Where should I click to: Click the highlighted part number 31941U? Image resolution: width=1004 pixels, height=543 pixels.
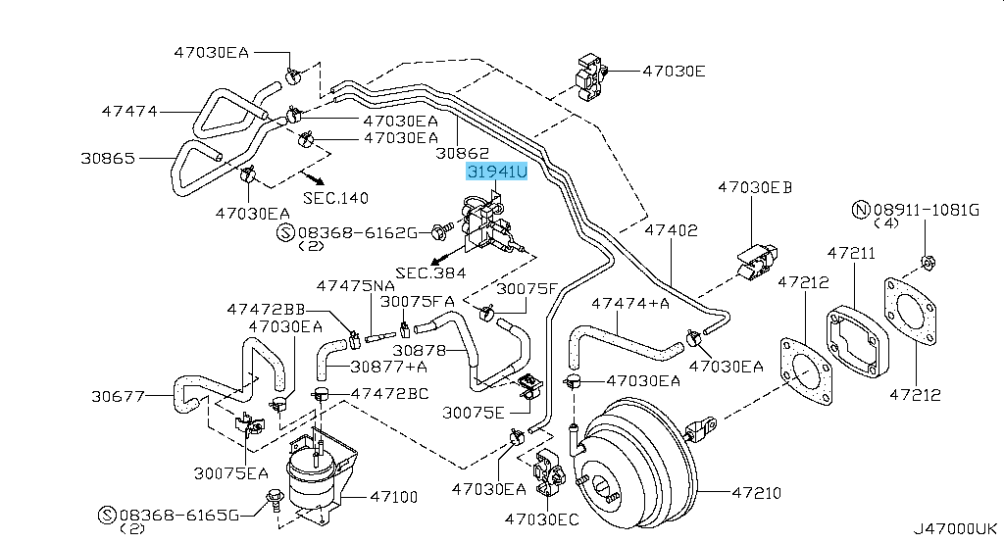pyautogui.click(x=497, y=173)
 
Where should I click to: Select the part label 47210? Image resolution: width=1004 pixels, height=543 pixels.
pyautogui.click(x=757, y=489)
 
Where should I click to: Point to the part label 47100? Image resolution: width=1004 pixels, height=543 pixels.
pyautogui.click(x=393, y=497)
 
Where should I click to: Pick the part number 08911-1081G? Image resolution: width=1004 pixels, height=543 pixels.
pyautogui.click(x=927, y=210)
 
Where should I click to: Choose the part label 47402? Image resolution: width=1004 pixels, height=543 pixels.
pyautogui.click(x=671, y=231)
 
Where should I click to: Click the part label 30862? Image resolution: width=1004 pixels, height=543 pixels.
pyautogui.click(x=463, y=153)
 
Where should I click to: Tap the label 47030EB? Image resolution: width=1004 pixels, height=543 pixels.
pyautogui.click(x=755, y=186)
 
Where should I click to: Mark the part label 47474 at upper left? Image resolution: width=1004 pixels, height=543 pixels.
pyautogui.click(x=129, y=111)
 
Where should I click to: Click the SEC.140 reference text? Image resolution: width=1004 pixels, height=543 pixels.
pyautogui.click(x=335, y=197)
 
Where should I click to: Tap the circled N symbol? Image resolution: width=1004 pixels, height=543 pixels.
pyautogui.click(x=860, y=210)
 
